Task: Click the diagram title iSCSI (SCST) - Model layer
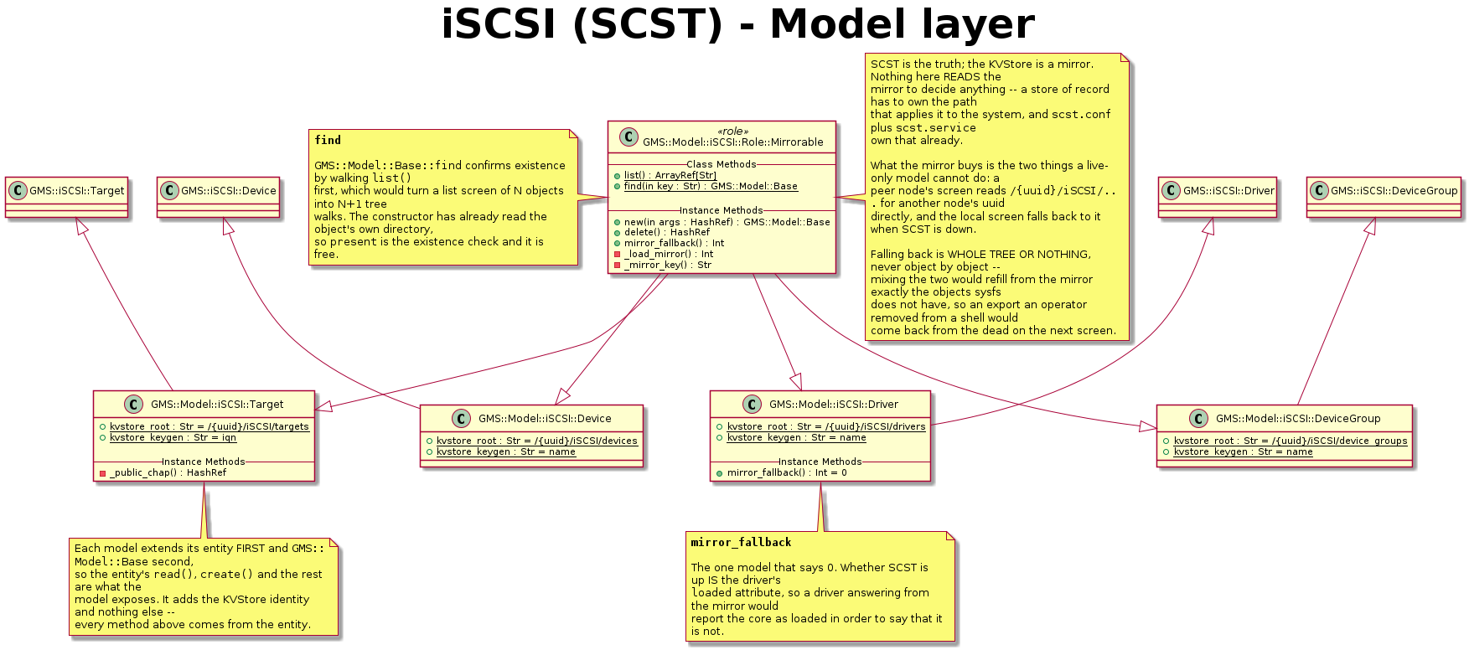[737, 24]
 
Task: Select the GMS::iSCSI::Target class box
[67, 198]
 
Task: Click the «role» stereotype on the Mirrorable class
[733, 132]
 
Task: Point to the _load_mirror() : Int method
[664, 254]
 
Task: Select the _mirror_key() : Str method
[663, 265]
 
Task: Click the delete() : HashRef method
[662, 232]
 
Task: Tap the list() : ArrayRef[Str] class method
[665, 175]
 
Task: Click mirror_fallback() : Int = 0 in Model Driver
[782, 472]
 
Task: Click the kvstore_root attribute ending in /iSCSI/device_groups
[1285, 441]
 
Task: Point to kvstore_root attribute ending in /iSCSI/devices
[532, 441]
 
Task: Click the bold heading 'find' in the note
[328, 140]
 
